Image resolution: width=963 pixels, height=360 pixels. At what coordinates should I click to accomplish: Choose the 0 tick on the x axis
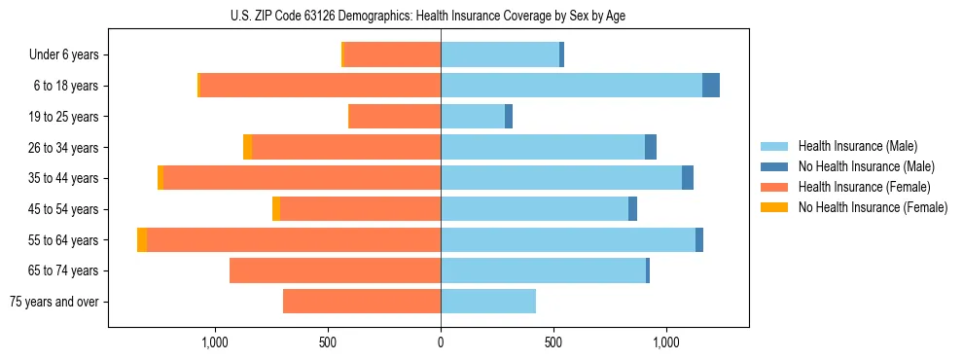click(441, 342)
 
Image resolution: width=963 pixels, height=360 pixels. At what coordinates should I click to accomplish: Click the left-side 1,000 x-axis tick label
click(214, 342)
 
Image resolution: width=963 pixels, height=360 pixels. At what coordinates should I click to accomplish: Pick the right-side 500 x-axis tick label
click(553, 342)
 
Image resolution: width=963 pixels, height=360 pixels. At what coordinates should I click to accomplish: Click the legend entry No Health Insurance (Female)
click(873, 207)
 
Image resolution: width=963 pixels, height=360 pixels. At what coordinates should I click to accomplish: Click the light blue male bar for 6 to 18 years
click(571, 86)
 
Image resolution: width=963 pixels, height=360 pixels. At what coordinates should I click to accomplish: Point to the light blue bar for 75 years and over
click(488, 302)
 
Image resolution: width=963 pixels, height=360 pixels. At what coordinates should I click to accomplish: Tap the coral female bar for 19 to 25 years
click(395, 117)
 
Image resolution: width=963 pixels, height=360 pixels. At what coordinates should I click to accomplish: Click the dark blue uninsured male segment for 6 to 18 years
click(711, 86)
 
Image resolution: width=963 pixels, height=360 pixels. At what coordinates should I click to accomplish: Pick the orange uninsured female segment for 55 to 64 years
click(142, 240)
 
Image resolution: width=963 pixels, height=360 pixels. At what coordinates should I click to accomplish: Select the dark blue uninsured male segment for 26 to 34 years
click(651, 147)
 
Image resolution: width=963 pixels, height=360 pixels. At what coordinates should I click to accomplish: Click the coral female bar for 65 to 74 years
click(335, 270)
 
